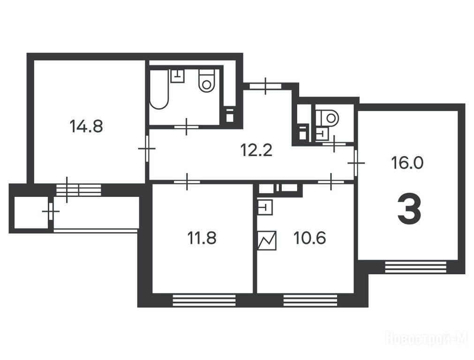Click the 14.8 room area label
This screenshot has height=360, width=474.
86,126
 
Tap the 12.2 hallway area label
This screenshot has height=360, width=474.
256,150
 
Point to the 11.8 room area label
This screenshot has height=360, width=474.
202,238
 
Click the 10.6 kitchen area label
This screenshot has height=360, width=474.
309,238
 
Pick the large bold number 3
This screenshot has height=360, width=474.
409,209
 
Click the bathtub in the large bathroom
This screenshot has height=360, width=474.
159,90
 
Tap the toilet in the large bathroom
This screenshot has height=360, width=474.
207,81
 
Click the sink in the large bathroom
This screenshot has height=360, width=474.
177,76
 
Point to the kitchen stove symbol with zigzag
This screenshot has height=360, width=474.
267,240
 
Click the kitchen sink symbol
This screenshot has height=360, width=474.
265,207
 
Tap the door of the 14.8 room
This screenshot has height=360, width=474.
147,149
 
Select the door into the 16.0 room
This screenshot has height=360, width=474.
356,163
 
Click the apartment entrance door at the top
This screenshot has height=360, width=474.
266,86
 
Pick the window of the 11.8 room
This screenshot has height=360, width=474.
204,300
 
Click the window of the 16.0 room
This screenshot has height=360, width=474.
416,267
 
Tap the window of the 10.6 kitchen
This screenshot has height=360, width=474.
310,300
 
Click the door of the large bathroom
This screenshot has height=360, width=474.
187,127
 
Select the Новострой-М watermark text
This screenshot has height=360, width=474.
428,338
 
